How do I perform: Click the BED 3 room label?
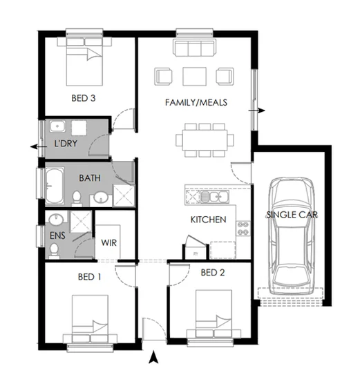84,99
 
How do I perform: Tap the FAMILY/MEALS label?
196,103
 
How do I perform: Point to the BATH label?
89,178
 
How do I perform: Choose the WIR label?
108,242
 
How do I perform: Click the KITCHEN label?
208,220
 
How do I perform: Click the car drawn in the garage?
291,235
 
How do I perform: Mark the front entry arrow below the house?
154,357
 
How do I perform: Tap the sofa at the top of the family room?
193,48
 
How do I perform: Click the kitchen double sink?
215,198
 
